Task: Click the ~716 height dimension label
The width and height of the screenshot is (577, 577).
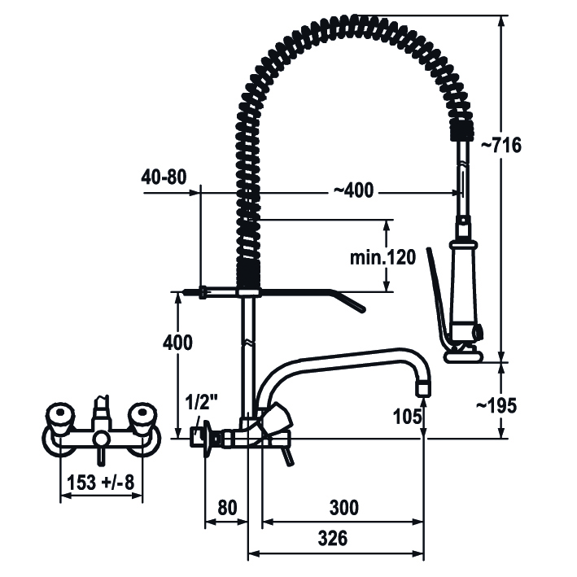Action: click(501, 146)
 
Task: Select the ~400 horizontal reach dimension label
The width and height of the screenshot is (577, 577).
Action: click(353, 190)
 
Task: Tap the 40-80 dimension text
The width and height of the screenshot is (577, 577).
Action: click(164, 177)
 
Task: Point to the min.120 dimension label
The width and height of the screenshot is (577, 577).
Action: click(382, 257)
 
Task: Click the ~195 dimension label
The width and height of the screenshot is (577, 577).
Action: click(496, 406)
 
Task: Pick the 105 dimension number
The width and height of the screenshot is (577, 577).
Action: click(408, 417)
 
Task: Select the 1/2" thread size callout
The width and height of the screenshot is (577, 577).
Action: click(201, 403)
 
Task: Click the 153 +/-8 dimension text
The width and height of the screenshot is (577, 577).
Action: click(100, 483)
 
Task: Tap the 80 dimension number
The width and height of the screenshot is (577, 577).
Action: click(227, 508)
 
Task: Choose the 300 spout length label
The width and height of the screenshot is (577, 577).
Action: click(343, 508)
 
